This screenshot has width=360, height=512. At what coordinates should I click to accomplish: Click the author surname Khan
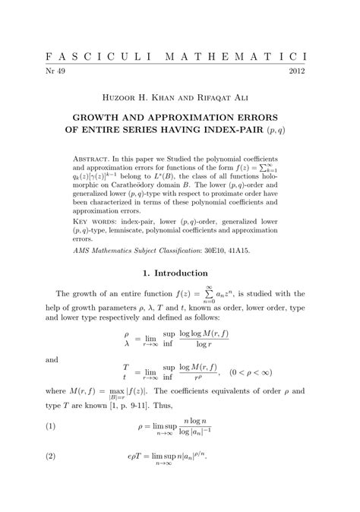point(163,99)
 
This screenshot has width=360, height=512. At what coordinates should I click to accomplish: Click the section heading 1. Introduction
point(179,273)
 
